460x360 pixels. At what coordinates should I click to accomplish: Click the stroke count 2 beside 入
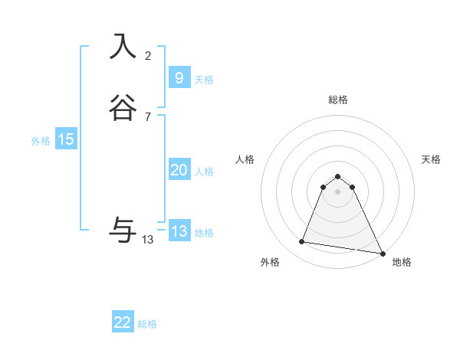pyautogui.click(x=148, y=56)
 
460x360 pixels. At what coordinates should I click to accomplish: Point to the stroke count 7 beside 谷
pyautogui.click(x=148, y=117)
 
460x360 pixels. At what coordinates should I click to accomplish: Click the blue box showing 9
pyautogui.click(x=179, y=78)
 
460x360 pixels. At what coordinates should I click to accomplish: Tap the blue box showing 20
pyautogui.click(x=179, y=170)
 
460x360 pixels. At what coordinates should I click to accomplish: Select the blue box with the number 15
pyautogui.click(x=66, y=139)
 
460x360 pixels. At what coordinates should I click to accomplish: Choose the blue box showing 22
pyautogui.click(x=123, y=322)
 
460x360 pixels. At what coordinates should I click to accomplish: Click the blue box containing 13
pyautogui.click(x=179, y=231)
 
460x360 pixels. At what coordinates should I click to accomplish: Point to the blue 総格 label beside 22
pyautogui.click(x=147, y=324)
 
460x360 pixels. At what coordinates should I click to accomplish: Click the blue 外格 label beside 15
pyautogui.click(x=41, y=141)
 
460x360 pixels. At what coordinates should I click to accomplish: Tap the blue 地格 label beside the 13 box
pyautogui.click(x=204, y=233)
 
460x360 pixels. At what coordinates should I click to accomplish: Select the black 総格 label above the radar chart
pyautogui.click(x=338, y=100)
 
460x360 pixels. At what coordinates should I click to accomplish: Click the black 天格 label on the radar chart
pyautogui.click(x=432, y=159)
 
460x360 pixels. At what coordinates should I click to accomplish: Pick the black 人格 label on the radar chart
pyautogui.click(x=245, y=159)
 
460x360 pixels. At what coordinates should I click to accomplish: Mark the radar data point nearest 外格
pyautogui.click(x=302, y=242)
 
